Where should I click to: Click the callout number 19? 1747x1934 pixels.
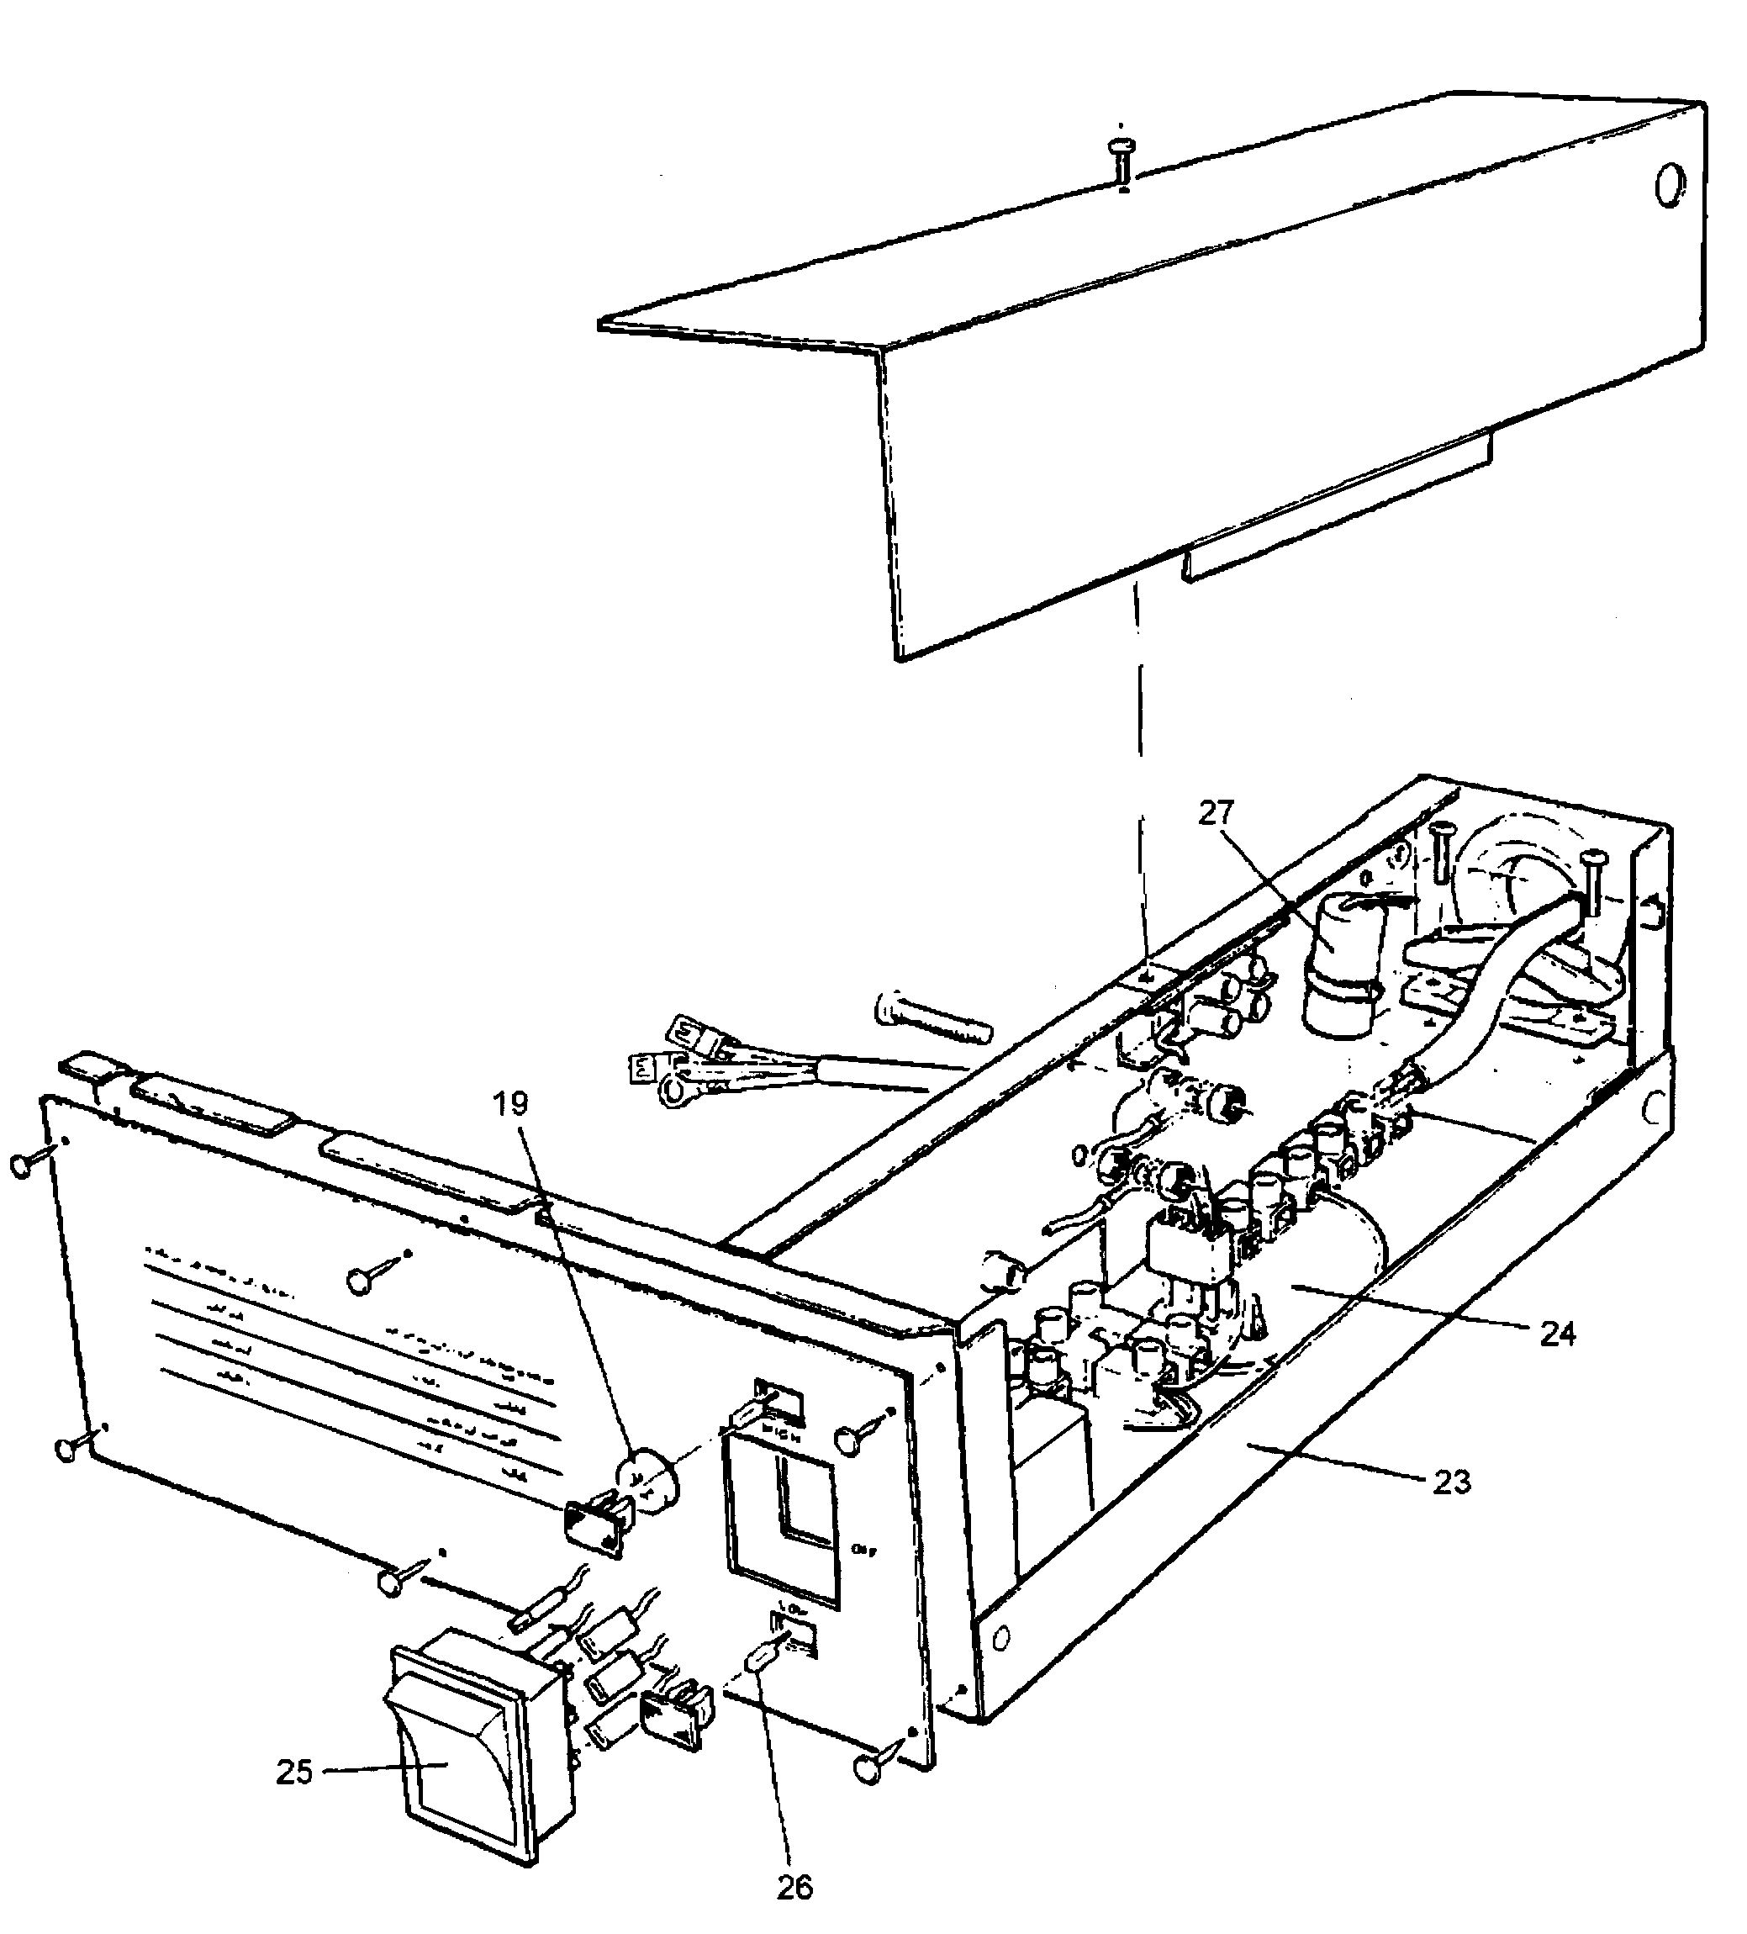coord(511,1104)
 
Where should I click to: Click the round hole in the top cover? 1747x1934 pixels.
coord(1670,184)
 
